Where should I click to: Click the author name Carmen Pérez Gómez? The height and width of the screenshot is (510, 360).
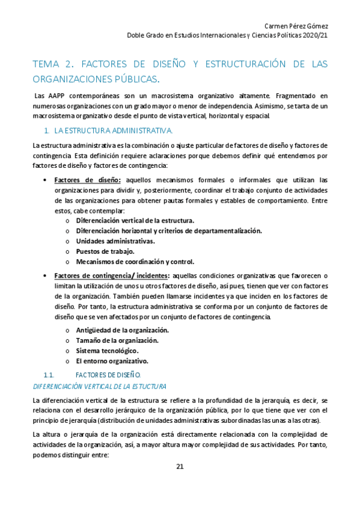point(296,25)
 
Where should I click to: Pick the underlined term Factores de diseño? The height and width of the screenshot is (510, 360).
point(88,180)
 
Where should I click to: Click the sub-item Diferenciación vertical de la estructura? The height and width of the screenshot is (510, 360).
point(135,221)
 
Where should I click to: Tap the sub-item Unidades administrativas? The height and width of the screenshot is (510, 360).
point(115,241)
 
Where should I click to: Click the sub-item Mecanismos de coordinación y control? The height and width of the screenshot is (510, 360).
point(135,262)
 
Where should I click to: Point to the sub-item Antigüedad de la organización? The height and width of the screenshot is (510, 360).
point(122,330)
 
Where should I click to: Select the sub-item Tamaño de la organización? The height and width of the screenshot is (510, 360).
point(117,340)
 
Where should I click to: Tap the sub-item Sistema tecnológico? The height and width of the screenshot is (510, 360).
point(107,351)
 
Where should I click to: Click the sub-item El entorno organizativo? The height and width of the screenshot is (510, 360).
point(112,361)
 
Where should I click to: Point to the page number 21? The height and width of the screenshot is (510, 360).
point(180,467)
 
